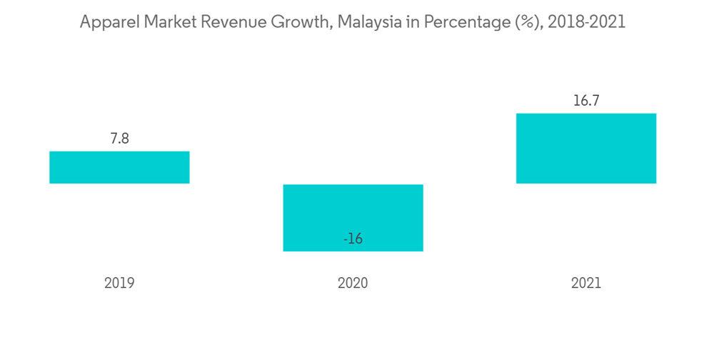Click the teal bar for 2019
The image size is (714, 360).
coord(119,167)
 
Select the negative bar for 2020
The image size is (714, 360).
coord(353,214)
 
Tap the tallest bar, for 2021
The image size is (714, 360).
coord(586,149)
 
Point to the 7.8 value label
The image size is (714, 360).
coord(119,139)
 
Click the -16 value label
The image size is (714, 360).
coord(353,239)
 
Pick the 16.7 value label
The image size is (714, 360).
coord(586,101)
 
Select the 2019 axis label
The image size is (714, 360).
coord(119,283)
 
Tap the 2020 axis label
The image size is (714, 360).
coord(353,283)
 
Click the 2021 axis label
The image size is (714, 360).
coord(586,283)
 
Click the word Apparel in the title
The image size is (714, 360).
coord(108,22)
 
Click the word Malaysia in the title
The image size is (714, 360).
coord(365,22)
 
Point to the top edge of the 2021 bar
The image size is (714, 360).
coord(586,114)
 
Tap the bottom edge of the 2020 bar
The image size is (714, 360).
coord(353,251)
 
